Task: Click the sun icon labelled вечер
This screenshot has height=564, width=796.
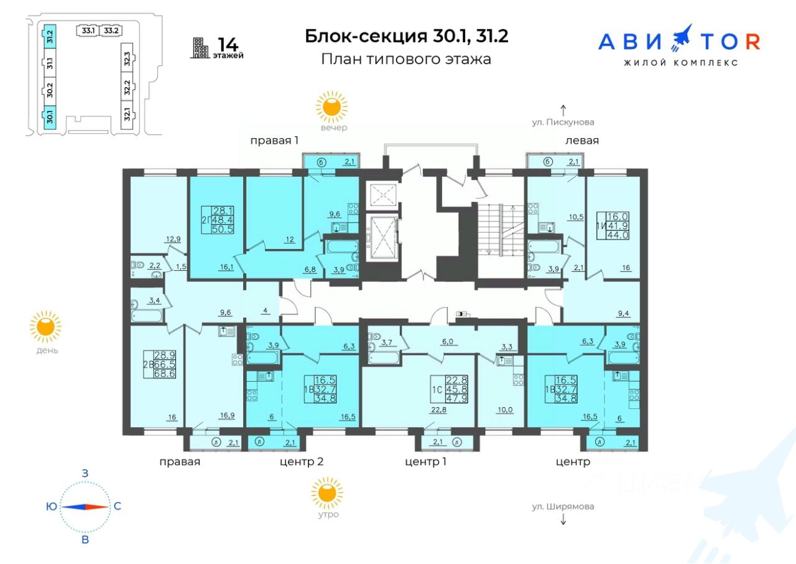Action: (331, 107)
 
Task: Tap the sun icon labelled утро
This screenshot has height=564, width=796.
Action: (327, 493)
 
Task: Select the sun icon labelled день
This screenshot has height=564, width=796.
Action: (45, 327)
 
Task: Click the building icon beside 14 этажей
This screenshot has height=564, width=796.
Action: (200, 48)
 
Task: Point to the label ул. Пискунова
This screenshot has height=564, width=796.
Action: (563, 122)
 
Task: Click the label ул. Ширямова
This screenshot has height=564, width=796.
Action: (563, 506)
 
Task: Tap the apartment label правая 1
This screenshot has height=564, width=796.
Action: (274, 141)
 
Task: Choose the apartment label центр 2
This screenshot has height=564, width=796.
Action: (302, 461)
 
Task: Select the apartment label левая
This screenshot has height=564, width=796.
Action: (582, 141)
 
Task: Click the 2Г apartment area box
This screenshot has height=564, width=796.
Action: (218, 220)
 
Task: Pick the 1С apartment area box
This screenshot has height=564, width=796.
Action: (449, 389)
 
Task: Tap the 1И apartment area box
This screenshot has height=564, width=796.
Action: (613, 225)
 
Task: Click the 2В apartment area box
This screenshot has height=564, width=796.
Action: (160, 364)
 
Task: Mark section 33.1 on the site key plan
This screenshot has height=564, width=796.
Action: (88, 31)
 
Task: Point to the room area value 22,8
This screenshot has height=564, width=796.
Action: (439, 410)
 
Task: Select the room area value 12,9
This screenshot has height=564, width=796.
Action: (173, 239)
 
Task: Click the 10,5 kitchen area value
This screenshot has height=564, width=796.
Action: (576, 217)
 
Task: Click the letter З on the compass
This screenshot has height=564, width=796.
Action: (85, 473)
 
